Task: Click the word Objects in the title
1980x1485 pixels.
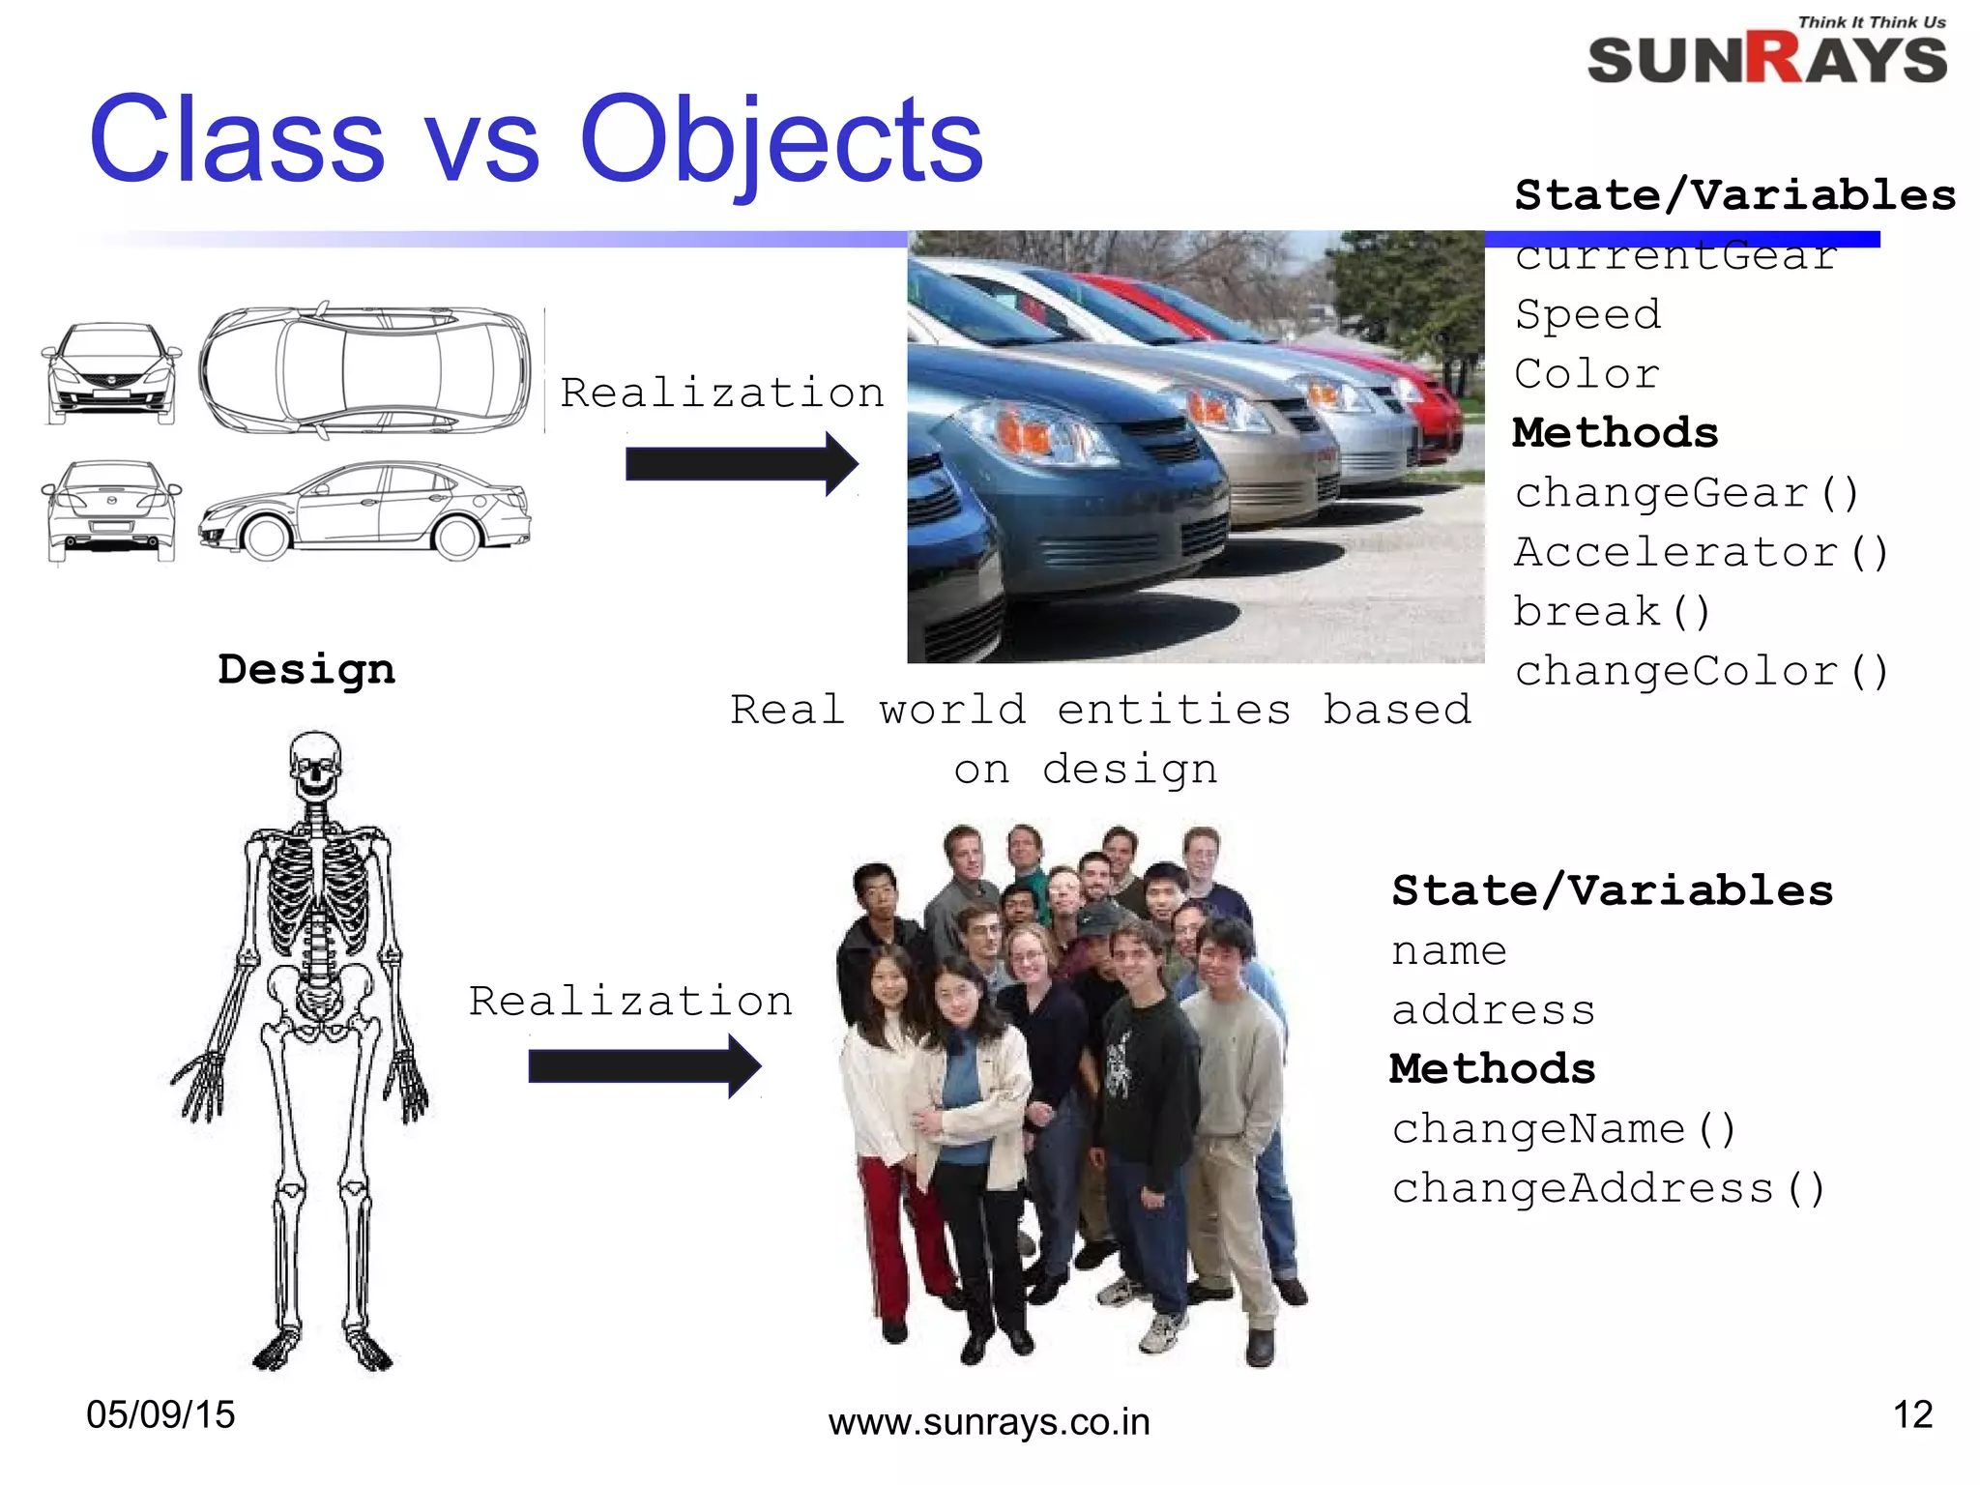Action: [x=780, y=140]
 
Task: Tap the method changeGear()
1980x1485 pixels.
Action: [x=1687, y=493]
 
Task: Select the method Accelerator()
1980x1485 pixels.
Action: [x=1701, y=552]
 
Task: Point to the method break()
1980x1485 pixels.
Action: [x=1612, y=612]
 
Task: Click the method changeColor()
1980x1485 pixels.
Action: [x=1701, y=671]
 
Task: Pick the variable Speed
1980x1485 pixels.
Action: [x=1587, y=314]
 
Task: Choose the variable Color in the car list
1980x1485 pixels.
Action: [x=1587, y=374]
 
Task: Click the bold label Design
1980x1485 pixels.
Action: [x=306, y=669]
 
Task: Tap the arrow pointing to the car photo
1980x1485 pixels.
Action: [x=742, y=464]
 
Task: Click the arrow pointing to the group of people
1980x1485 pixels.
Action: [x=644, y=1066]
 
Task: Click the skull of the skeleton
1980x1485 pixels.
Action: [x=315, y=764]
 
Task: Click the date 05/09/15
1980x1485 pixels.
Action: [x=160, y=1414]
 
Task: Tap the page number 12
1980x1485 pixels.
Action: [x=1912, y=1414]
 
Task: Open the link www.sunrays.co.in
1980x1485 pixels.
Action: [x=989, y=1422]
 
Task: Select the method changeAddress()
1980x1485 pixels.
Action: [x=1608, y=1188]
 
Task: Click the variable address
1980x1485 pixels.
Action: [x=1493, y=1010]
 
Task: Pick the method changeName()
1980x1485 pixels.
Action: [x=1563, y=1129]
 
